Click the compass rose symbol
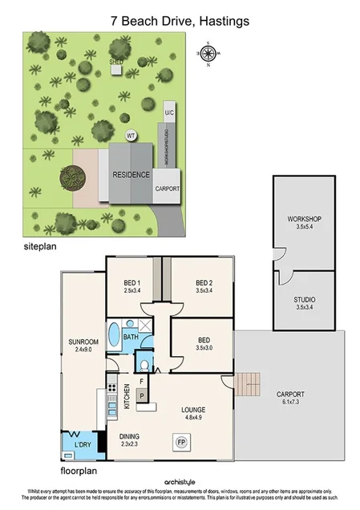click(208, 54)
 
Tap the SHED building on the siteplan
click(116, 69)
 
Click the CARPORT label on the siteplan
click(168, 189)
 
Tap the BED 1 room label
click(133, 284)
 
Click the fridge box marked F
click(141, 382)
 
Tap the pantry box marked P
click(141, 395)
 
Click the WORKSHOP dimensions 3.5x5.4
click(304, 228)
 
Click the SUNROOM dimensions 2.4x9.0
click(83, 350)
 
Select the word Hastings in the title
click(222, 19)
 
